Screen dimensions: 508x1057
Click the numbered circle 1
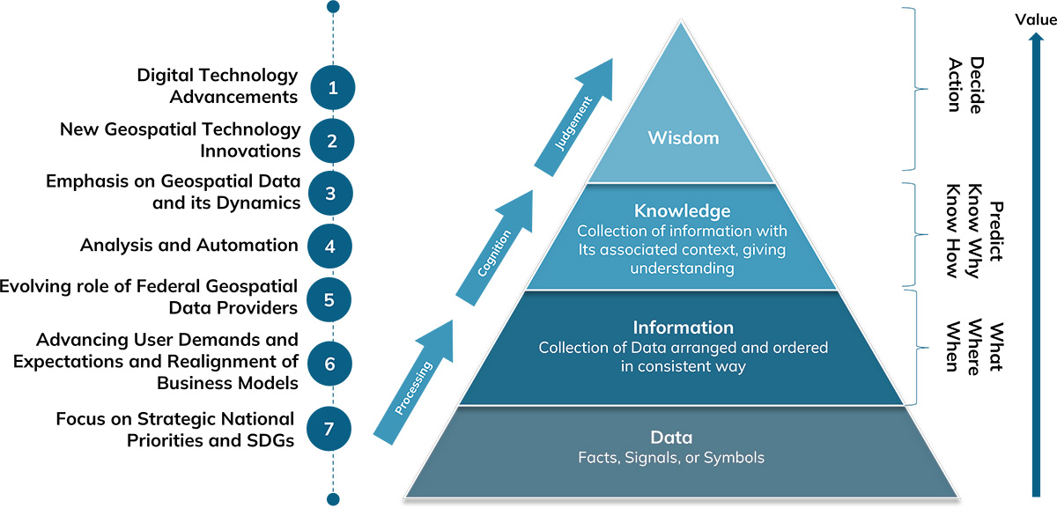pos(332,87)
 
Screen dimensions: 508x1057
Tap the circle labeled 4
pos(330,246)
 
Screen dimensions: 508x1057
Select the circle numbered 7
pos(329,429)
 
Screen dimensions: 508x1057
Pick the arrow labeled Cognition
pos(494,255)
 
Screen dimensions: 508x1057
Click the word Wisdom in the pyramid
pos(683,137)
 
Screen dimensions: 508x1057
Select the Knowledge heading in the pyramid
pos(683,211)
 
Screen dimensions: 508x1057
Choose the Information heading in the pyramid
pos(683,328)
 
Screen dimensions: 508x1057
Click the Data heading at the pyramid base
pos(671,438)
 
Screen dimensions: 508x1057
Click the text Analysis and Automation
pos(188,245)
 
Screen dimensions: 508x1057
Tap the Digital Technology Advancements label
pos(217,85)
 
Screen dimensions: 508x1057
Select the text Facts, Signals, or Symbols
pos(671,457)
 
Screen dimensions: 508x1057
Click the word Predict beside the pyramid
pos(996,232)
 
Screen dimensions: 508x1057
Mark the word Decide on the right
pos(976,85)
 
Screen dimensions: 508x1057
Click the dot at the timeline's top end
pos(333,6)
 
